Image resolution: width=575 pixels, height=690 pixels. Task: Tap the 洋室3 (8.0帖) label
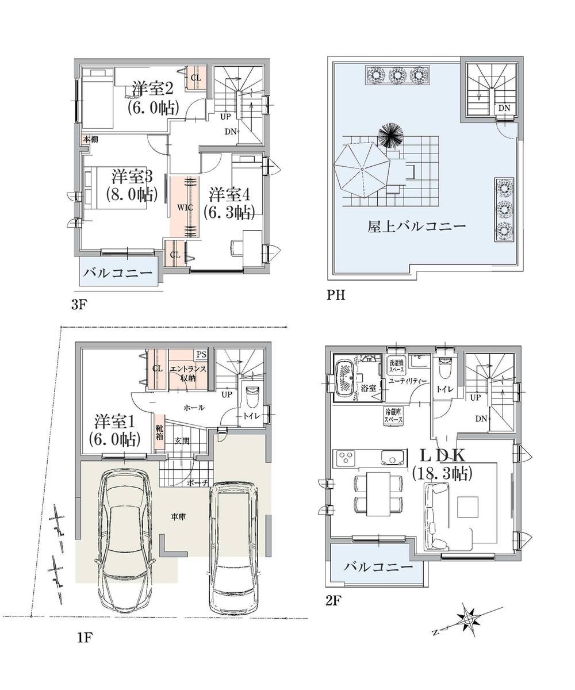point(131,185)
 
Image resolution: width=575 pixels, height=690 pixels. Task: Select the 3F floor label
point(79,305)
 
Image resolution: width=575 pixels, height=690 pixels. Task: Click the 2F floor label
point(333,601)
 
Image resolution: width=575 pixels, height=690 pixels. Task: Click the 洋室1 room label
point(114,430)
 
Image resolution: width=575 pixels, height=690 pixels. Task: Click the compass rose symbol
point(471,620)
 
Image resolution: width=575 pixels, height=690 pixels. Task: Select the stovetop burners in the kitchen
point(347,458)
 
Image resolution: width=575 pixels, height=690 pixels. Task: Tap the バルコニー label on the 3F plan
point(118,273)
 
